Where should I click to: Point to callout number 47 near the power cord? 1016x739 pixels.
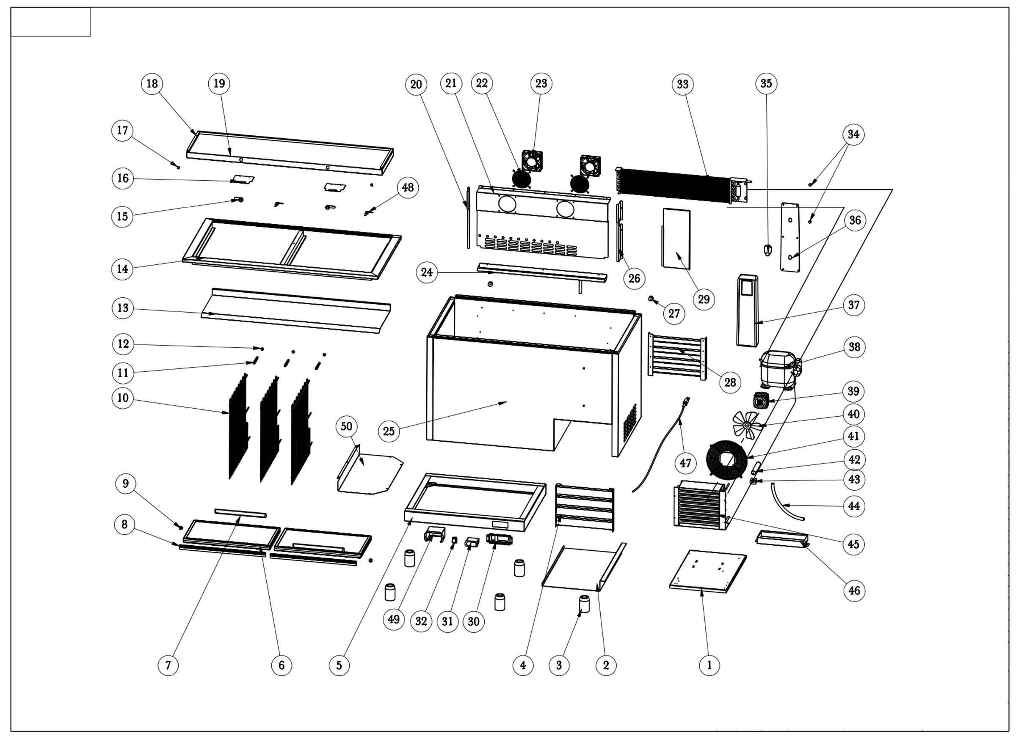(x=685, y=462)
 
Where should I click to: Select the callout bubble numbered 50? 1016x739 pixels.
(x=346, y=426)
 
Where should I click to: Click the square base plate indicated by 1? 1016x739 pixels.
(x=708, y=571)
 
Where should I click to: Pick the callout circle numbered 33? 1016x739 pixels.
(x=682, y=84)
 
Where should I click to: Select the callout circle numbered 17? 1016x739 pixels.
(x=122, y=130)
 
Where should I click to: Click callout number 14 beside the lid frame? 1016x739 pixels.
(x=122, y=269)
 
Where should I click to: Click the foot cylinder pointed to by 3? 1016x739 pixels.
(x=584, y=604)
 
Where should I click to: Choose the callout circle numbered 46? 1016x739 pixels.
(x=854, y=591)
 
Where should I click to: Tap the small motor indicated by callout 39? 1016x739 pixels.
(x=760, y=400)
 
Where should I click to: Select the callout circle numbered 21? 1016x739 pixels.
(x=451, y=83)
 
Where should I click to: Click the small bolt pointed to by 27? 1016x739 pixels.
(x=652, y=298)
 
